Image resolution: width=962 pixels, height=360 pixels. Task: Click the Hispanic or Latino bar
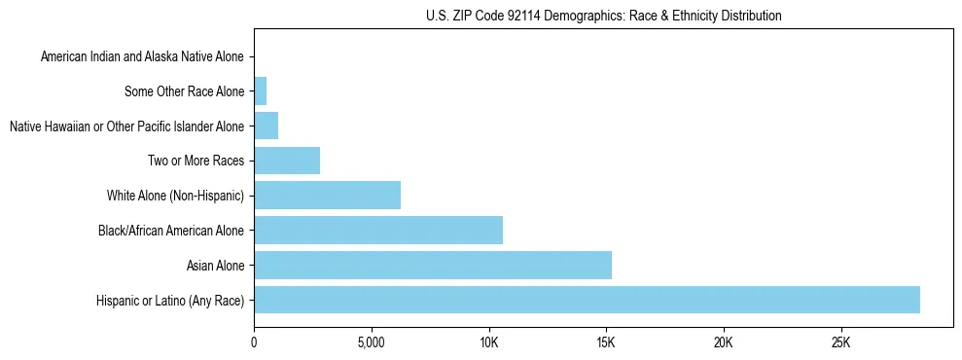click(587, 300)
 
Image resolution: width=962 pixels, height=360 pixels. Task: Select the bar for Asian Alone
click(433, 265)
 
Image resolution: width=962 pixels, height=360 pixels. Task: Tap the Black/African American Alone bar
click(378, 231)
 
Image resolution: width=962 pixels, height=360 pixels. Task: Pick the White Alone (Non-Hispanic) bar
click(327, 196)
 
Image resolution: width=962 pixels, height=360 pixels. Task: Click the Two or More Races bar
click(287, 161)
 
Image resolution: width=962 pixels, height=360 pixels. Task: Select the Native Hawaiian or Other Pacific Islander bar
click(266, 126)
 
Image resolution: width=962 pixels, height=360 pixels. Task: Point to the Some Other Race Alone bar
click(260, 91)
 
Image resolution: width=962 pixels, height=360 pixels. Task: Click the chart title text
click(603, 16)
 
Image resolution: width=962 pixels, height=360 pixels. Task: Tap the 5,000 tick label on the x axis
click(371, 343)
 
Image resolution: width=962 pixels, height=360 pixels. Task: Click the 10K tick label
click(488, 343)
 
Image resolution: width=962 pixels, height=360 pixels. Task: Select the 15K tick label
click(606, 343)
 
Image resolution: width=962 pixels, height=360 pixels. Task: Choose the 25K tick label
click(840, 343)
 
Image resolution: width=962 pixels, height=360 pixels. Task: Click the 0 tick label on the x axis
click(254, 343)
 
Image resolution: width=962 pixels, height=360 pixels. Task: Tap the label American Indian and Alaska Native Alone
click(142, 57)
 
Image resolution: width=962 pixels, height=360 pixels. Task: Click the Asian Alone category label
click(216, 266)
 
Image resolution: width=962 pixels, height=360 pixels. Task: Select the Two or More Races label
click(196, 162)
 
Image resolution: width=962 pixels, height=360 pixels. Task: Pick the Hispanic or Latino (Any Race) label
click(170, 301)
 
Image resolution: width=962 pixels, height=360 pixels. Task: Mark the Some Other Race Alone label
click(185, 92)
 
